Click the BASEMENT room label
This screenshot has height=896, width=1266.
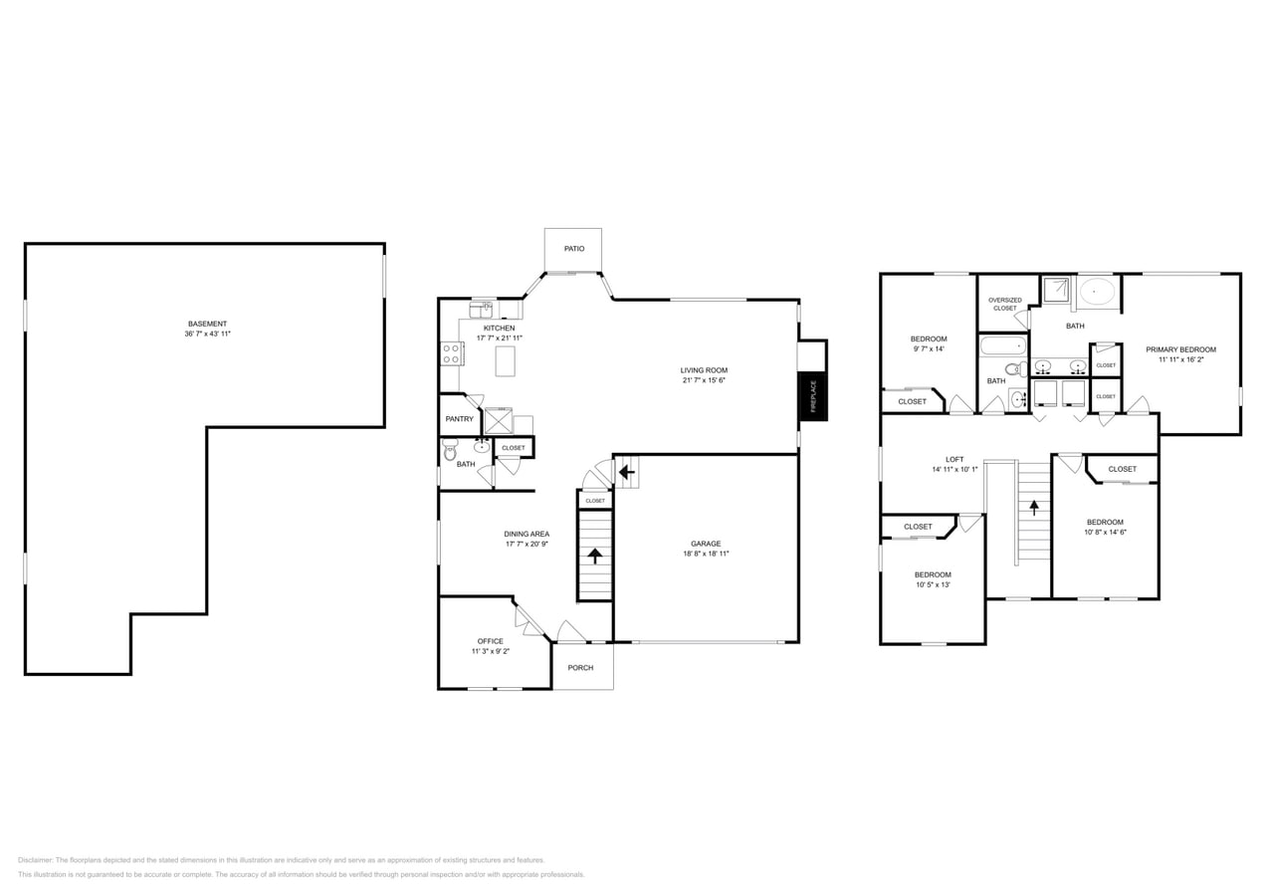click(x=207, y=324)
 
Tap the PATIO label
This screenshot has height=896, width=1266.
click(x=574, y=248)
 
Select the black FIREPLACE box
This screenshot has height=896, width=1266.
click(x=812, y=396)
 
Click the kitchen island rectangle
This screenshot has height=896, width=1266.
click(x=506, y=360)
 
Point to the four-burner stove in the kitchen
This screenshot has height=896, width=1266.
click(x=451, y=353)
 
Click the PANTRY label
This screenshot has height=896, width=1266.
click(x=459, y=419)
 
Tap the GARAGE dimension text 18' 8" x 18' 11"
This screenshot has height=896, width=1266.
click(x=706, y=554)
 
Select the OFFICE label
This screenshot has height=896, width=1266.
click(x=490, y=641)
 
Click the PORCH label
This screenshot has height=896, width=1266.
click(x=580, y=668)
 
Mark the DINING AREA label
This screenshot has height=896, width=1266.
click(x=526, y=534)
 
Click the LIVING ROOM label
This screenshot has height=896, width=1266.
click(x=704, y=370)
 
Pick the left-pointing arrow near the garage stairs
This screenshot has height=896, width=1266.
click(x=626, y=471)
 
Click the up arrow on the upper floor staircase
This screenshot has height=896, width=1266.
click(x=1034, y=507)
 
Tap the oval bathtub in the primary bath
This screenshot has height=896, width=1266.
click(x=1098, y=292)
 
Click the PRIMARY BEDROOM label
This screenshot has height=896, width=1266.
click(x=1180, y=349)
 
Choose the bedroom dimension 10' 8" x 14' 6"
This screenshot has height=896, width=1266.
click(x=1105, y=532)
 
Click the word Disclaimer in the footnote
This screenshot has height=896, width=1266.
click(x=35, y=860)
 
